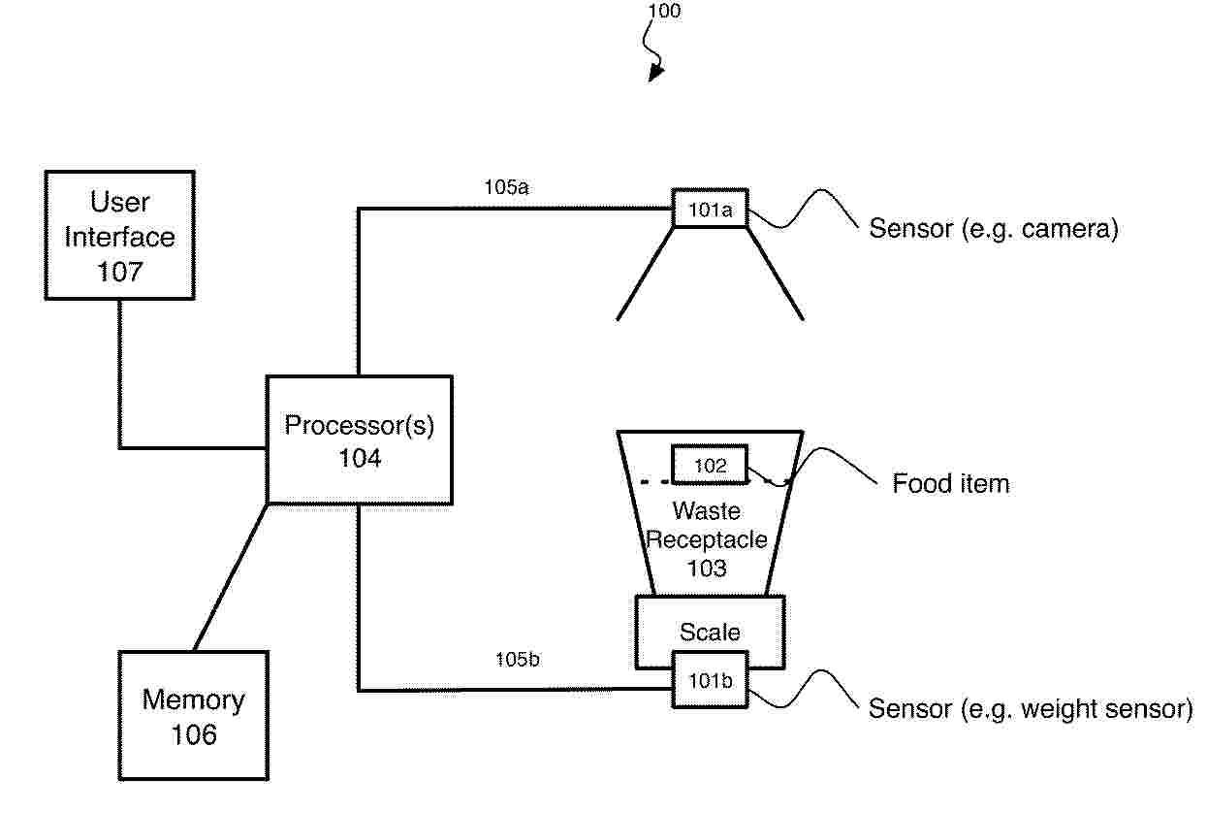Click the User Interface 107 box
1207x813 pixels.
[119, 235]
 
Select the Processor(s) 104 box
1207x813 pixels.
[359, 439]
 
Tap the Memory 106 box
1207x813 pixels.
[194, 715]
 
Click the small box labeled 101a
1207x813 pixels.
[710, 208]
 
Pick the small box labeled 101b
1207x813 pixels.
[710, 680]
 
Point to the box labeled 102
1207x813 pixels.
[710, 466]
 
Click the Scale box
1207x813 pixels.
[710, 632]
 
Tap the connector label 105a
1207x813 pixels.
[506, 187]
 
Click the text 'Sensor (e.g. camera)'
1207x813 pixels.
[993, 230]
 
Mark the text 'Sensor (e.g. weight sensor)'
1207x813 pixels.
[1030, 709]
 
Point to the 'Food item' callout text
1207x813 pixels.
[950, 483]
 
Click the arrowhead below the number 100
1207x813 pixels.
[656, 72]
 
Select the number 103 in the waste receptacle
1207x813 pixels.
[707, 569]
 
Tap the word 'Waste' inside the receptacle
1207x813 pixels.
[707, 510]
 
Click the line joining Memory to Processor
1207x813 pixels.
[230, 577]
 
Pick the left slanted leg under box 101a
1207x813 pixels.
[645, 274]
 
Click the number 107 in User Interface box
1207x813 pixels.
[119, 272]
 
